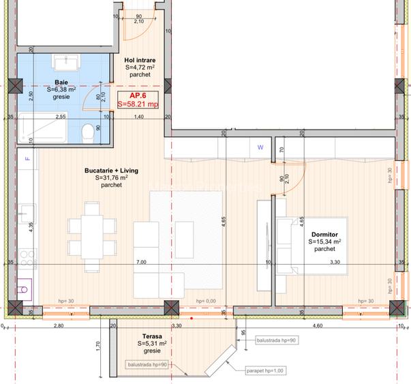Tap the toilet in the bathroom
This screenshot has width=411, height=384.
87,130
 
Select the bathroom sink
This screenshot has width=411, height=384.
65,63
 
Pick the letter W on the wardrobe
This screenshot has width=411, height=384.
260,147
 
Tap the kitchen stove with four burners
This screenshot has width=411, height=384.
27,258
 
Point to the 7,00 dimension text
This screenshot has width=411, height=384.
141,262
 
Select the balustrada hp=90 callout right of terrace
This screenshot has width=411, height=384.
276,340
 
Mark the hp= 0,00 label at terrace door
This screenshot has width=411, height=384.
205,301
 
